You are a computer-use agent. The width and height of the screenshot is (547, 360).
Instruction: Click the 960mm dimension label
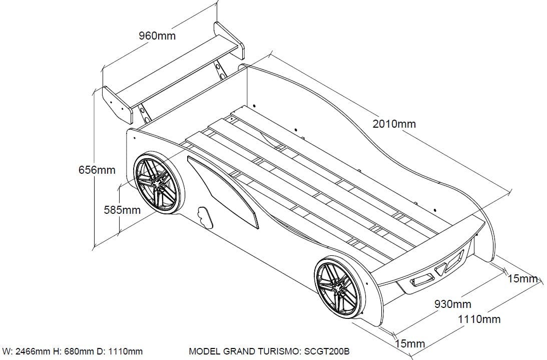point(157,36)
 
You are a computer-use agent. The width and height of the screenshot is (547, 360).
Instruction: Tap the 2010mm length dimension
point(394,124)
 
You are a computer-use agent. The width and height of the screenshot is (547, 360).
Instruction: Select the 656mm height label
point(97,170)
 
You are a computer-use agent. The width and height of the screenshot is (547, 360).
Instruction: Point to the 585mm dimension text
point(122,210)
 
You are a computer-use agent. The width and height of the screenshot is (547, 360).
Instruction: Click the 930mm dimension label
point(452,304)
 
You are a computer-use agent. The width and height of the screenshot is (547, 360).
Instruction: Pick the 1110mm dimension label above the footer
point(479,319)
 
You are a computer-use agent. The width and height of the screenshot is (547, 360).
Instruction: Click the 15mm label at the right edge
point(522,278)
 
